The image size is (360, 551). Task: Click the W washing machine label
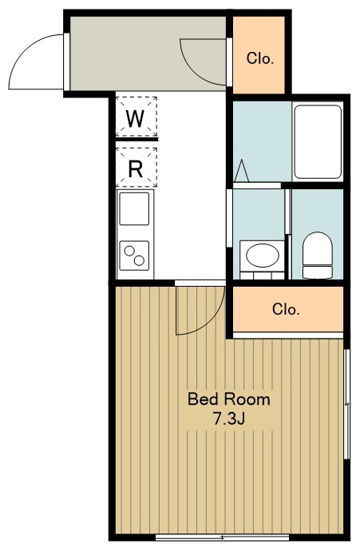[x=136, y=119]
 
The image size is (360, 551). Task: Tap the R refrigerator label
[x=136, y=169]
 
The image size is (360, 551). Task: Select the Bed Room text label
[x=229, y=399]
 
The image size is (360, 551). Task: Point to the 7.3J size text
[x=229, y=419]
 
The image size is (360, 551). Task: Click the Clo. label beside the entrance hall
[x=260, y=58]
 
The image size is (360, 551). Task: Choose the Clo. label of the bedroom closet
[x=286, y=310]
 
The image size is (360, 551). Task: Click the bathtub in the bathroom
[x=318, y=141]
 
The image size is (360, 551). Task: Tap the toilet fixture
[x=317, y=255]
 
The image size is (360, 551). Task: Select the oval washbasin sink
[x=263, y=255]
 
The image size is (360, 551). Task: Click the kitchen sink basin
[x=134, y=208]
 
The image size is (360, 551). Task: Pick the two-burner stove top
[x=134, y=256]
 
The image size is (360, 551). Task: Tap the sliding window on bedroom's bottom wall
[x=223, y=537]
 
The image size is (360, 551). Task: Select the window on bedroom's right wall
[x=347, y=404]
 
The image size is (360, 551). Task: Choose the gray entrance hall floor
[x=148, y=54]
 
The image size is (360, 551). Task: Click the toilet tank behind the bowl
[x=317, y=272]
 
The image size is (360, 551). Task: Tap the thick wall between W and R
[x=136, y=140]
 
